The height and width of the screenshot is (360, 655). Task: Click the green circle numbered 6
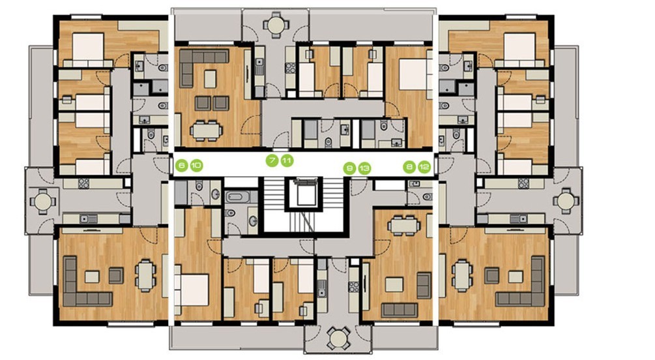point(181,166)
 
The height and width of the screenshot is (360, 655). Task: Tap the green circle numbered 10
point(196,166)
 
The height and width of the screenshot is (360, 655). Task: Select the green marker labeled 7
point(272,160)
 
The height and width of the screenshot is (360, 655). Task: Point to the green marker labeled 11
point(287,160)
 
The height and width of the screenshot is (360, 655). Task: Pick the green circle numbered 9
point(349,168)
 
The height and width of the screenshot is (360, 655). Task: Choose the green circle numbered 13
point(364,168)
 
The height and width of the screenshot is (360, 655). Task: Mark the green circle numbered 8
point(409,167)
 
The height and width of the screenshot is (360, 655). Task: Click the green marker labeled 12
point(424,167)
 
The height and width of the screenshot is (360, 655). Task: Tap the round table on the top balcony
point(276,25)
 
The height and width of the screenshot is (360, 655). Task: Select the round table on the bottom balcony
point(338,336)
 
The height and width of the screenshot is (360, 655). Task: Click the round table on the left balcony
point(42,202)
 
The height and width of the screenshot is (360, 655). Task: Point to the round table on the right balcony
point(566,201)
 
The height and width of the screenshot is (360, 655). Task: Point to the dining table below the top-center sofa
point(206,131)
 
